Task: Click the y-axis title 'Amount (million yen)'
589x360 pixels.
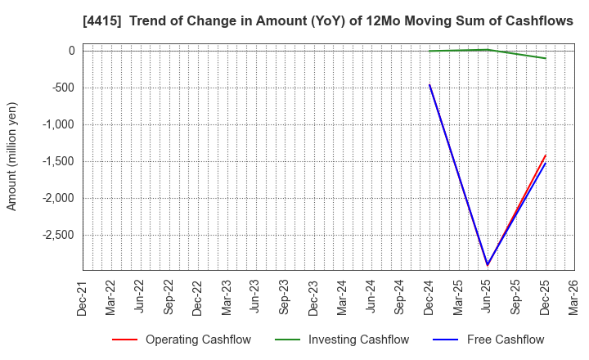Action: pos(12,156)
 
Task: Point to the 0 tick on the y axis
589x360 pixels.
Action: pos(71,51)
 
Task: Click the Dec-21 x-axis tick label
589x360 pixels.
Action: pos(82,296)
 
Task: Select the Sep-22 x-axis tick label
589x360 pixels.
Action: pos(169,296)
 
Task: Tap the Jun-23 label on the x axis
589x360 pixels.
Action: pos(255,296)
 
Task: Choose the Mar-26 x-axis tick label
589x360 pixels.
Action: pos(573,296)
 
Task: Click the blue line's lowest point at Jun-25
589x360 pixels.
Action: pos(488,264)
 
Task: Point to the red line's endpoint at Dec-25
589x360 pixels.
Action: pos(545,155)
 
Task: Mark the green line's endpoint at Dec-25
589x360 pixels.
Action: pos(545,58)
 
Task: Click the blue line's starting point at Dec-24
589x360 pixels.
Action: pos(429,84)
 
